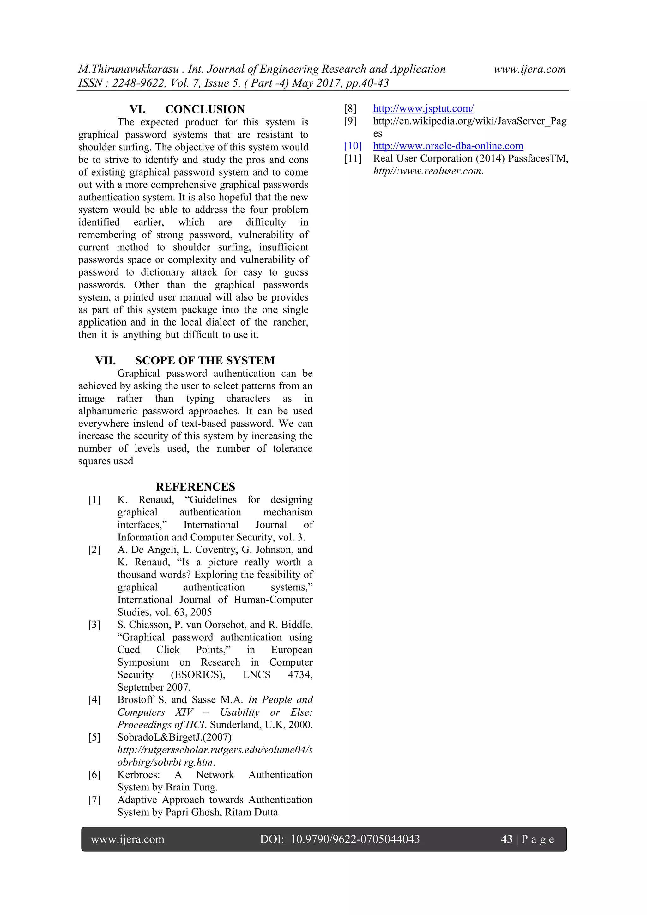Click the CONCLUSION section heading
pyautogui.click(x=205, y=109)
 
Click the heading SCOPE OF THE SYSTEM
pyautogui.click(x=205, y=360)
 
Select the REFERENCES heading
pyautogui.click(x=195, y=487)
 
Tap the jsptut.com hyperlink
pyautogui.click(x=423, y=108)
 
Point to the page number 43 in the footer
pyautogui.click(x=506, y=839)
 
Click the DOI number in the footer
pyautogui.click(x=355, y=839)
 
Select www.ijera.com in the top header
pyautogui.click(x=529, y=69)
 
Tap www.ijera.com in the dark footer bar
pyautogui.click(x=128, y=839)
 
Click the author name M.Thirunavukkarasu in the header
pyautogui.click(x=128, y=69)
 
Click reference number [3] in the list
pyautogui.click(x=94, y=625)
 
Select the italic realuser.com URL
pyautogui.click(x=427, y=171)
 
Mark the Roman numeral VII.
pyautogui.click(x=106, y=360)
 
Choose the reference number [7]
pyautogui.click(x=94, y=800)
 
